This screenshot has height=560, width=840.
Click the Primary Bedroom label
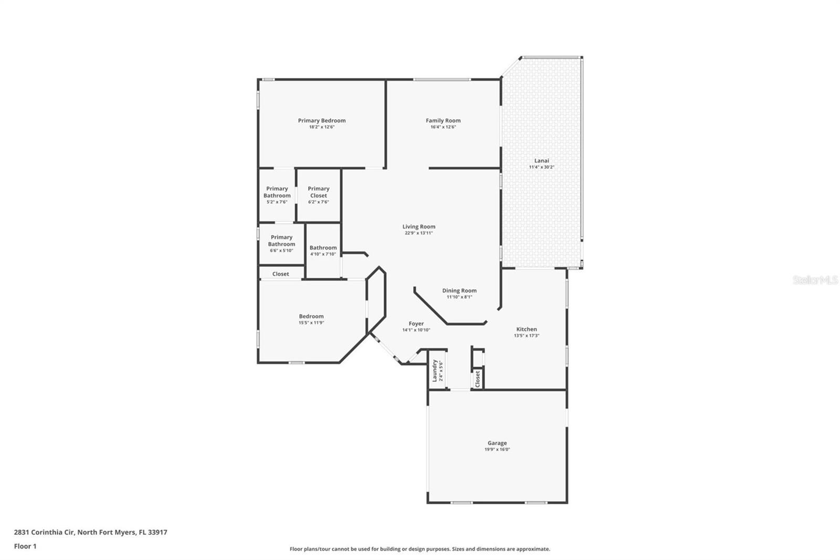322,120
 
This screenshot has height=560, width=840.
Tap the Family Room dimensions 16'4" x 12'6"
443,127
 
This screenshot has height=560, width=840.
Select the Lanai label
541,161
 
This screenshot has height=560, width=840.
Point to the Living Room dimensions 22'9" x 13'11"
418,233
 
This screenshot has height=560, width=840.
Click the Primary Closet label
318,192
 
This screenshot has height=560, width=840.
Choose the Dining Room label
459,291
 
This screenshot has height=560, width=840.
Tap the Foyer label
416,324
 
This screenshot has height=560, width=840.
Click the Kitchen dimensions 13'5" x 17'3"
527,336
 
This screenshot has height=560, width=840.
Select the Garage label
497,443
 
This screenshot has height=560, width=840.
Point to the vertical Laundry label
435,370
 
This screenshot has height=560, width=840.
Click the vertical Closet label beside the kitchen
477,379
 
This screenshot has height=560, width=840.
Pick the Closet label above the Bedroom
280,274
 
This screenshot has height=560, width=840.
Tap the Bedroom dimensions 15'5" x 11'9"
311,323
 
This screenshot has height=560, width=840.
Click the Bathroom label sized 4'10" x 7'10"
323,248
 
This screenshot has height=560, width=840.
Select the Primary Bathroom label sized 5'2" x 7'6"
277,192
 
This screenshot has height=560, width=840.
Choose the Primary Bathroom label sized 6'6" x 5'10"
281,240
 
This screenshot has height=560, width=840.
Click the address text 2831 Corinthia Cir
45,532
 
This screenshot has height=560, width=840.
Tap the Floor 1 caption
25,546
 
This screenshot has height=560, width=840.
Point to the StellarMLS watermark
815,279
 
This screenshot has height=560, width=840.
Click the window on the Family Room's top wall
442,79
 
